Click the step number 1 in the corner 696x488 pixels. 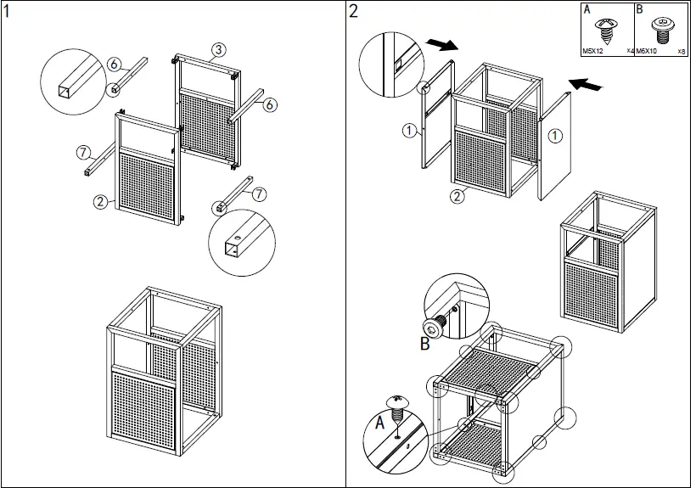tap(8, 11)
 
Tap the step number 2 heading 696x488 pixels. tap(354, 11)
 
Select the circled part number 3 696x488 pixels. tap(218, 49)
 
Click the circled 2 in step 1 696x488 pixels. tap(100, 201)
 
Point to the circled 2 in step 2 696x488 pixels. tap(456, 197)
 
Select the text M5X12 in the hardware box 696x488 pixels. tap(593, 51)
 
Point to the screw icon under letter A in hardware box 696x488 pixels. tap(607, 30)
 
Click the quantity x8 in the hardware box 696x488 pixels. tap(682, 51)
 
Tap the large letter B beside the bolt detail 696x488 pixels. tap(425, 344)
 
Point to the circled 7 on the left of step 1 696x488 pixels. tap(83, 153)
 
